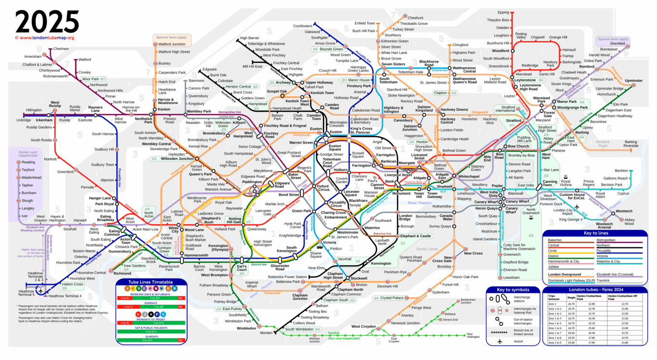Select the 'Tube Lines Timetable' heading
[x=151, y=282]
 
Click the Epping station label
[x=503, y=12]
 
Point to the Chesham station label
[x=61, y=49]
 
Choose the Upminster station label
[x=633, y=80]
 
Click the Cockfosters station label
[x=303, y=26]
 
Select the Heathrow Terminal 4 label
[x=65, y=296]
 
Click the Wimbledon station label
[x=247, y=328]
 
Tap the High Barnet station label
[x=249, y=38]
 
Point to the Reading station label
[x=28, y=162]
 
